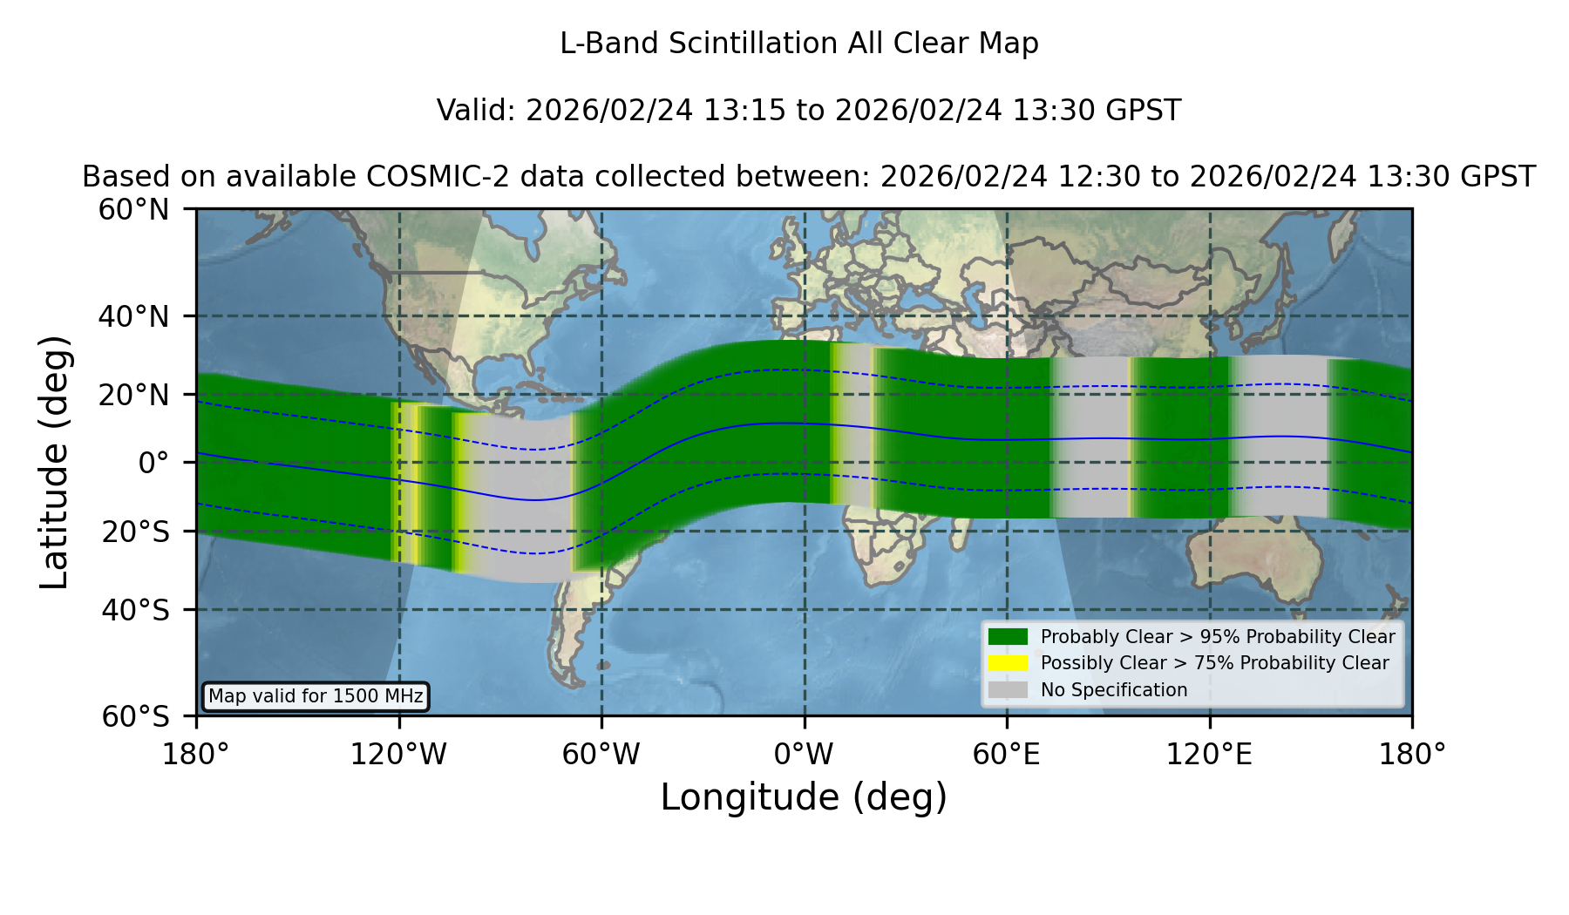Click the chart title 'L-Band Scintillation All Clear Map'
[x=799, y=44]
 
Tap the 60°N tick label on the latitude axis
[x=133, y=209]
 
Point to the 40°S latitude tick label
[x=135, y=610]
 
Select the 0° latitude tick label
[x=153, y=463]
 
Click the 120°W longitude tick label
[x=398, y=754]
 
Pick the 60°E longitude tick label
[x=1007, y=754]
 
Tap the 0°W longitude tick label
[x=804, y=754]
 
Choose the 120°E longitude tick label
[x=1209, y=754]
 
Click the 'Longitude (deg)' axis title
[x=804, y=797]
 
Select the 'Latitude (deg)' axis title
[x=54, y=462]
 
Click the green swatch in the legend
[x=1009, y=637]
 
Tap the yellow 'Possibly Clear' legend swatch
[x=1009, y=663]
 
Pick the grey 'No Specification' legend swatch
[x=1009, y=690]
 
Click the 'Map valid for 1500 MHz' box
[x=316, y=696]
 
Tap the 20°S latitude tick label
[x=135, y=531]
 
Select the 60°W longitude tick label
[x=601, y=754]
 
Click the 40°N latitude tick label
[x=133, y=316]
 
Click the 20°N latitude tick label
[x=133, y=395]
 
